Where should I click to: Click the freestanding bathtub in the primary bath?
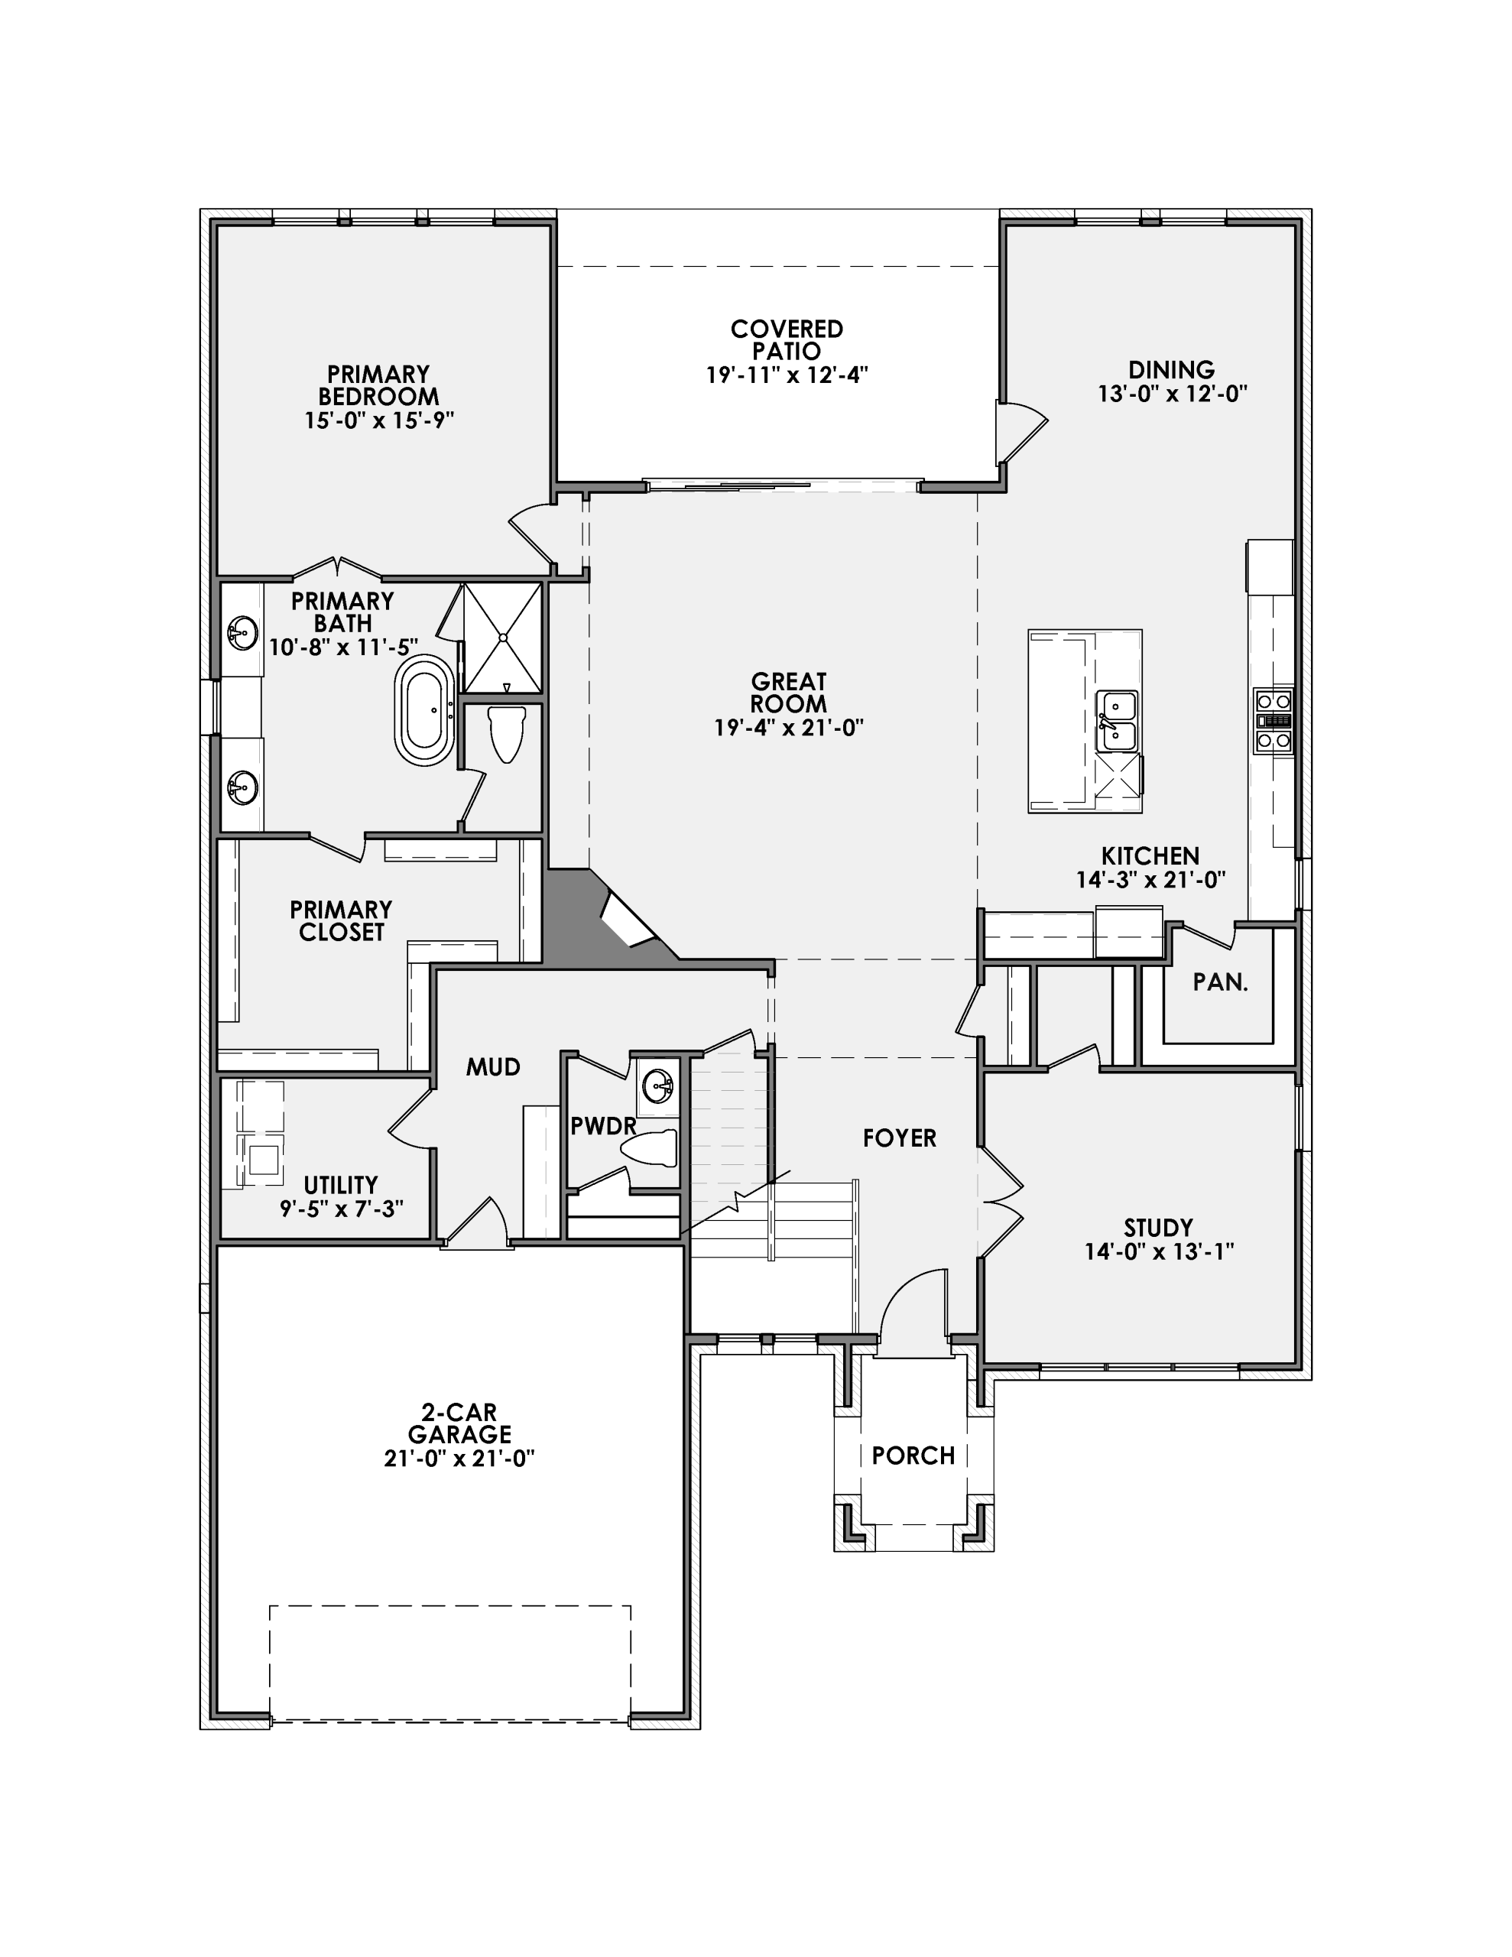click(x=425, y=709)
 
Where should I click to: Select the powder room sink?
click(x=658, y=1086)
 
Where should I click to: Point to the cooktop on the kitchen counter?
click(x=1273, y=720)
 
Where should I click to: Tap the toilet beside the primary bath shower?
click(x=508, y=732)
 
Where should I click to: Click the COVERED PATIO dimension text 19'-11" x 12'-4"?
click(x=787, y=375)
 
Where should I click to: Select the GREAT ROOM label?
click(x=789, y=693)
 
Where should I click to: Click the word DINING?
click(x=1171, y=369)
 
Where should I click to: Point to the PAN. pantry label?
click(x=1220, y=982)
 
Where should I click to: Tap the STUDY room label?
click(x=1158, y=1227)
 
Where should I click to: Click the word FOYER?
click(x=899, y=1138)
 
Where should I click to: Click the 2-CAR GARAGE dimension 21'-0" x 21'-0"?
click(x=459, y=1459)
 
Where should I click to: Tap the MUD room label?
click(x=493, y=1066)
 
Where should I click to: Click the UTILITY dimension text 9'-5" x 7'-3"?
click(x=342, y=1209)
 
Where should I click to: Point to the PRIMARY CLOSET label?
click(x=341, y=920)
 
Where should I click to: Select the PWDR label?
click(x=603, y=1125)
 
